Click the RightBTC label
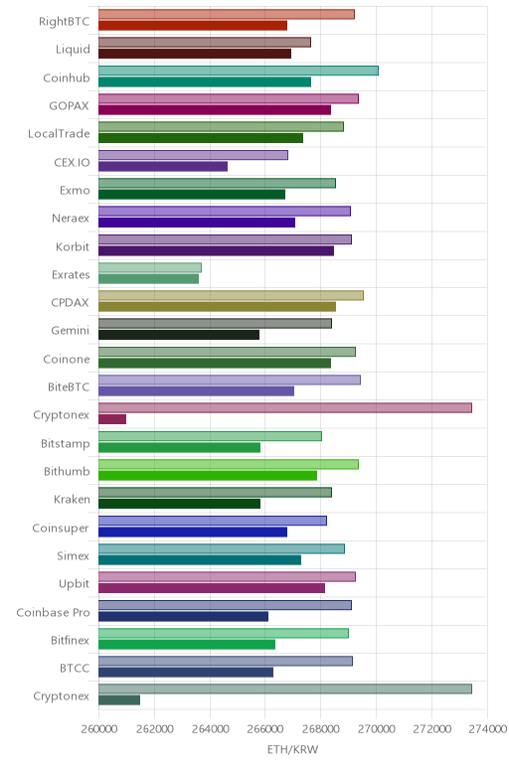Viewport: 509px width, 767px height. point(64,22)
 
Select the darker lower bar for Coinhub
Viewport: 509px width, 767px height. point(205,81)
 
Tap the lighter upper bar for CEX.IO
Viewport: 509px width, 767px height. point(193,155)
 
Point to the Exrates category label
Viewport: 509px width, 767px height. point(71,275)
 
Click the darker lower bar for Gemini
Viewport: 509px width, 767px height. point(179,335)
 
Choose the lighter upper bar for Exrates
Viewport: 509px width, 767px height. point(150,267)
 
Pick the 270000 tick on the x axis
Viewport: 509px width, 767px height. point(377,729)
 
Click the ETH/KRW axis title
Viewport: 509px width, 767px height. point(292,749)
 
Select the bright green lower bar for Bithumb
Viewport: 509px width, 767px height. point(208,476)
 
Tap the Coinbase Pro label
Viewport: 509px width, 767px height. point(53,612)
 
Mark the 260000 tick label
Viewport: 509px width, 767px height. point(98,729)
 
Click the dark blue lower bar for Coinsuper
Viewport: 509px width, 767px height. point(193,532)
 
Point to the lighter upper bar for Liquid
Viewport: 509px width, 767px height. point(205,42)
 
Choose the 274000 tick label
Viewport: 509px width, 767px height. point(487,729)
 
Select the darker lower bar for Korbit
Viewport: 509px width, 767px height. point(216,250)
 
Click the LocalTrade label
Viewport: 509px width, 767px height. point(59,134)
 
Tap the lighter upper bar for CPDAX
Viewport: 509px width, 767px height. point(231,295)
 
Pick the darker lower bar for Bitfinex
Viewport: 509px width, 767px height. point(187,644)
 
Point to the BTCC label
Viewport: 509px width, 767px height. point(75,669)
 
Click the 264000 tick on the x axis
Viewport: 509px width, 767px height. point(210,729)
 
